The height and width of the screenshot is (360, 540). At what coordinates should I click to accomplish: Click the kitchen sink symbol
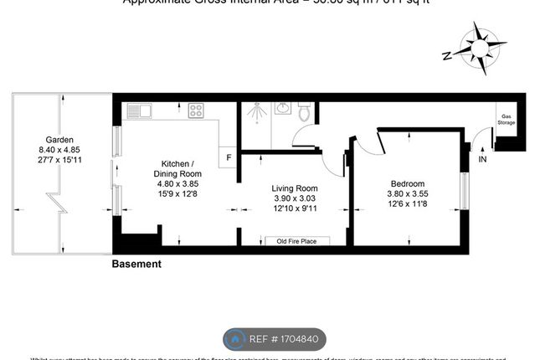(x=139, y=110)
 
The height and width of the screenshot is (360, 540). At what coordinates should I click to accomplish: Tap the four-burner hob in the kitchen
(x=197, y=110)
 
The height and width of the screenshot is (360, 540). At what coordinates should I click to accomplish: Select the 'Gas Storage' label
(x=506, y=120)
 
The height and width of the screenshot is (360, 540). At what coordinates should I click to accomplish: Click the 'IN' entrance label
(x=482, y=158)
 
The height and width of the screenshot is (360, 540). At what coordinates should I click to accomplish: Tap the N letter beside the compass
(x=448, y=55)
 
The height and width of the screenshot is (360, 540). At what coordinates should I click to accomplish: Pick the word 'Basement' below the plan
(x=136, y=264)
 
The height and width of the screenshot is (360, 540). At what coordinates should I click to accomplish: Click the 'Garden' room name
(x=59, y=139)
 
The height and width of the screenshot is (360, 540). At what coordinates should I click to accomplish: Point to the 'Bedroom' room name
(x=407, y=184)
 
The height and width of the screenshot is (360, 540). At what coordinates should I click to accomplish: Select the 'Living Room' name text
(x=291, y=189)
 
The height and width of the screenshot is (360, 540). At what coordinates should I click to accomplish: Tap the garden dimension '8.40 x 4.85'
(x=59, y=149)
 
